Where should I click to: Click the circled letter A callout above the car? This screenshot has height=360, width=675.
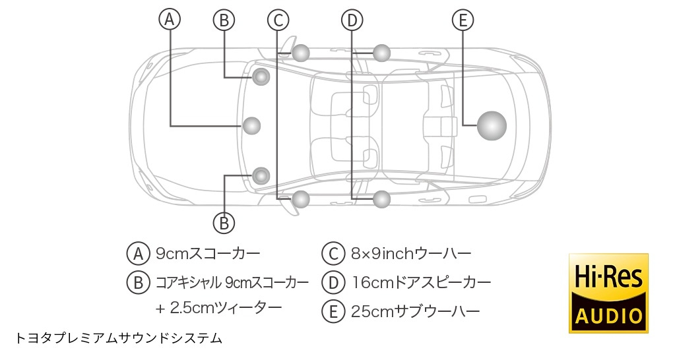pos(170,19)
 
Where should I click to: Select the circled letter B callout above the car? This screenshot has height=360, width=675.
pos(224,20)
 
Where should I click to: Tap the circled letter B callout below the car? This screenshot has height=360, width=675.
pos(224,224)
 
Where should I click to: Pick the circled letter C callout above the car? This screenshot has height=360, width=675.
pos(278,20)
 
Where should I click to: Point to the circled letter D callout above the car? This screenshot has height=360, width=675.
pos(352,20)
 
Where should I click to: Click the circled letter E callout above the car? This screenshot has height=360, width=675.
pos(463,20)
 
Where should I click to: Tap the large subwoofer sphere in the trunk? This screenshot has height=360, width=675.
pos(492,125)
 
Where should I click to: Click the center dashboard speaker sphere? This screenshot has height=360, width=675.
pos(252,125)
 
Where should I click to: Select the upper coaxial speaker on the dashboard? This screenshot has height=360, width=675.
pos(261,77)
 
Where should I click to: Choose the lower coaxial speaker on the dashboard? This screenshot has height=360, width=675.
pos(261,175)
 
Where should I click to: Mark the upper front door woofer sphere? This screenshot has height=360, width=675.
pos(301,53)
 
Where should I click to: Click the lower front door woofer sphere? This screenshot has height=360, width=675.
pos(301,199)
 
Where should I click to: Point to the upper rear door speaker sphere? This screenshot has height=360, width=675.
pos(381,53)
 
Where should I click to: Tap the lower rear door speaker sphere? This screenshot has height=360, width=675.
pos(381,199)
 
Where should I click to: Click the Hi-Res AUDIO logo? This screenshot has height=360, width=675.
pos(608,293)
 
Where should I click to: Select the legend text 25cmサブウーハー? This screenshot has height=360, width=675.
pos(415,311)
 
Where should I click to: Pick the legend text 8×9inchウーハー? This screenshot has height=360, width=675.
pos(411,254)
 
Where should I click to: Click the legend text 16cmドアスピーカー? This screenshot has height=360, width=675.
pos(422,283)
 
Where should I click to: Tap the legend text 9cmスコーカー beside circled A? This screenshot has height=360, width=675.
pos(208,253)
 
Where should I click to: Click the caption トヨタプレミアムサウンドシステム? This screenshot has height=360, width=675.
pos(119,338)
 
